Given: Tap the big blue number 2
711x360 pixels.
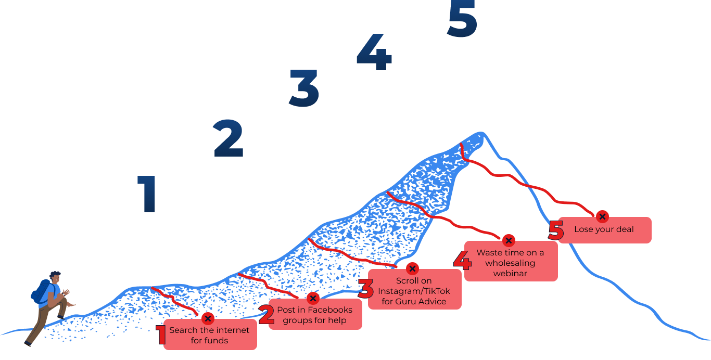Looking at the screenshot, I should (228, 138).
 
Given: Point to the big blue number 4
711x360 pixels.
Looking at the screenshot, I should (374, 53).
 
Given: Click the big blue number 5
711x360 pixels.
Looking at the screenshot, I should (462, 19).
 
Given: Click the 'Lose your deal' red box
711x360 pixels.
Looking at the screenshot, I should (604, 229).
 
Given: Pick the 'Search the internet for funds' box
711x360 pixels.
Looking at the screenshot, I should (209, 335).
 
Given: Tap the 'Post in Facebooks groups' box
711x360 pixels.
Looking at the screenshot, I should (314, 315).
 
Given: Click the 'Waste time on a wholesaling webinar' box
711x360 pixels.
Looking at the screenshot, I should (510, 263).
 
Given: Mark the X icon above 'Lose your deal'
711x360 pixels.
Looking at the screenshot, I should (602, 216).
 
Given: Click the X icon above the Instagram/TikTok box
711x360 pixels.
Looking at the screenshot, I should (412, 268).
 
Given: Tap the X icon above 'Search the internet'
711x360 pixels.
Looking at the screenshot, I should (208, 318).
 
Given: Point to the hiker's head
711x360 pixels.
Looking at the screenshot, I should (55, 277).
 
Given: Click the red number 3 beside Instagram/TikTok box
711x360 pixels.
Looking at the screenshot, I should (366, 290).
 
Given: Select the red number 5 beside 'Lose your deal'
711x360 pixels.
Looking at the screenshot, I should (556, 232).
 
